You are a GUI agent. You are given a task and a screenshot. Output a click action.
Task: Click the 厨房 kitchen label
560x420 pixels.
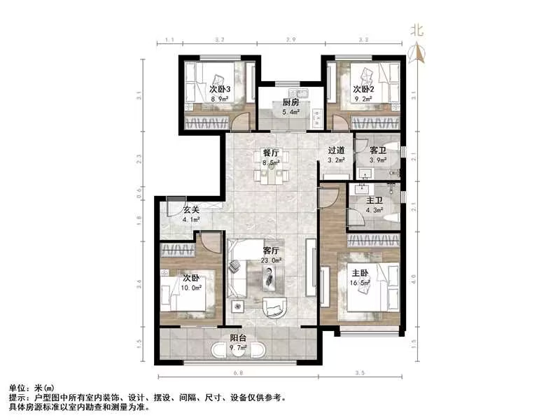click(x=290, y=102)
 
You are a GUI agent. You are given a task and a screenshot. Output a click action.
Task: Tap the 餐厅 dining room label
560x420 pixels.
click(x=271, y=153)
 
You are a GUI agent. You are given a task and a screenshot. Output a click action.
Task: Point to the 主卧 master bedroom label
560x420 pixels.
click(x=361, y=274)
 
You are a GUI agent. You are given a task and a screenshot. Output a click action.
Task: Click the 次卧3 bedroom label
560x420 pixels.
click(x=220, y=89)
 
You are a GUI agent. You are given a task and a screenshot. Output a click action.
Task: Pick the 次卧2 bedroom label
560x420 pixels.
click(x=363, y=89)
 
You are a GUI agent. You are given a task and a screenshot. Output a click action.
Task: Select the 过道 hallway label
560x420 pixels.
click(x=336, y=150)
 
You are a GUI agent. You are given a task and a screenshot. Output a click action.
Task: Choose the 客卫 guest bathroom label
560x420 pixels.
click(x=378, y=150)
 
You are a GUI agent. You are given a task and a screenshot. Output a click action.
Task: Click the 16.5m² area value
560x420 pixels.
click(x=361, y=283)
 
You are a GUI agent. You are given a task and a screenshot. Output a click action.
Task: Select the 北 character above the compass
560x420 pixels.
click(x=418, y=30)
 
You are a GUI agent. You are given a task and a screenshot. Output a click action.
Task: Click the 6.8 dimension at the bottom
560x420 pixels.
click(x=238, y=372)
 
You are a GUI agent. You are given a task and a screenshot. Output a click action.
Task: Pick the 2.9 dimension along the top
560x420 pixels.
click(x=291, y=41)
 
